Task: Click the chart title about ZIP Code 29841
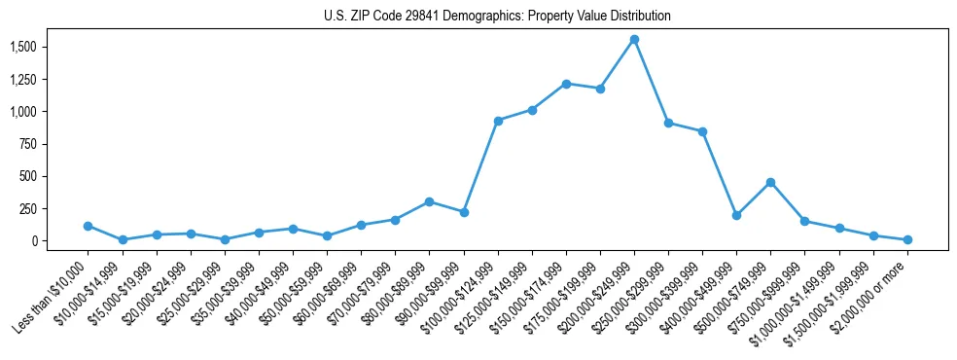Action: pyautogui.click(x=497, y=17)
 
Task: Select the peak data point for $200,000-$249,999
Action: pyautogui.click(x=634, y=40)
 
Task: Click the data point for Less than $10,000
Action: pyautogui.click(x=89, y=226)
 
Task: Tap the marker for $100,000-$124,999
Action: pyautogui.click(x=498, y=121)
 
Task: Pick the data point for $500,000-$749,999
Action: pyautogui.click(x=770, y=182)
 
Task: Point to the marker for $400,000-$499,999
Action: pyautogui.click(x=736, y=215)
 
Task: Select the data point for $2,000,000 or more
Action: pyautogui.click(x=907, y=239)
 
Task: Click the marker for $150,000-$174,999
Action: pyautogui.click(x=566, y=84)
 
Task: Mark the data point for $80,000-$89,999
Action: pyautogui.click(x=429, y=201)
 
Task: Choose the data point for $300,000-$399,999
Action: pyautogui.click(x=702, y=131)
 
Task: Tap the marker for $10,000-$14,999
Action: pyautogui.click(x=123, y=239)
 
